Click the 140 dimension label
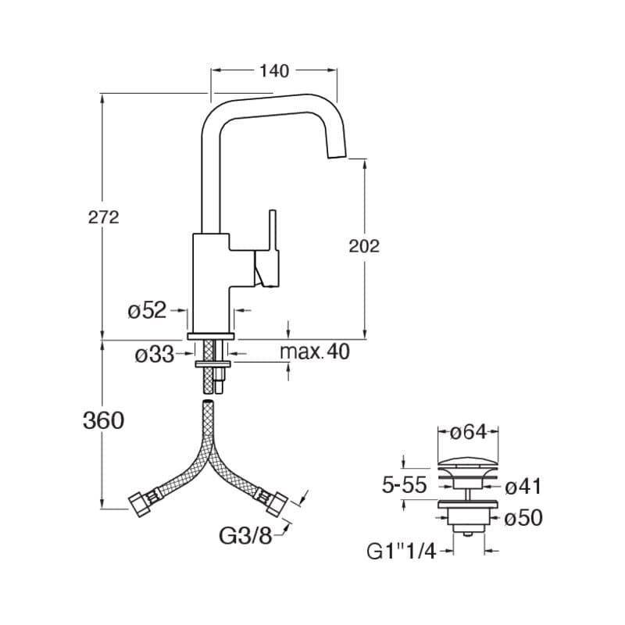pos(274,71)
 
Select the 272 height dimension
pos(104,218)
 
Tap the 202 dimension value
pos(364,246)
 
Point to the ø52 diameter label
pos(147,309)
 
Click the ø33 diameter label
pos(154,355)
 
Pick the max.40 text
pos(315,352)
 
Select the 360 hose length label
pos(103,420)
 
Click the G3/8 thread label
pos(245,535)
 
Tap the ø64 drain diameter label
pos(468,432)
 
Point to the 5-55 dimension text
pos(404,484)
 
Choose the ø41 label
pos(523,486)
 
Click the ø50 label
pos(523,518)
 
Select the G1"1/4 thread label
pos(402,552)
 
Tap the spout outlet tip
pos(337,155)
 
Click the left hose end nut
pos(139,505)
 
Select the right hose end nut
pos(277,504)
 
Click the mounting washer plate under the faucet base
pos(213,364)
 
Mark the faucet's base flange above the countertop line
pos(210,337)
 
